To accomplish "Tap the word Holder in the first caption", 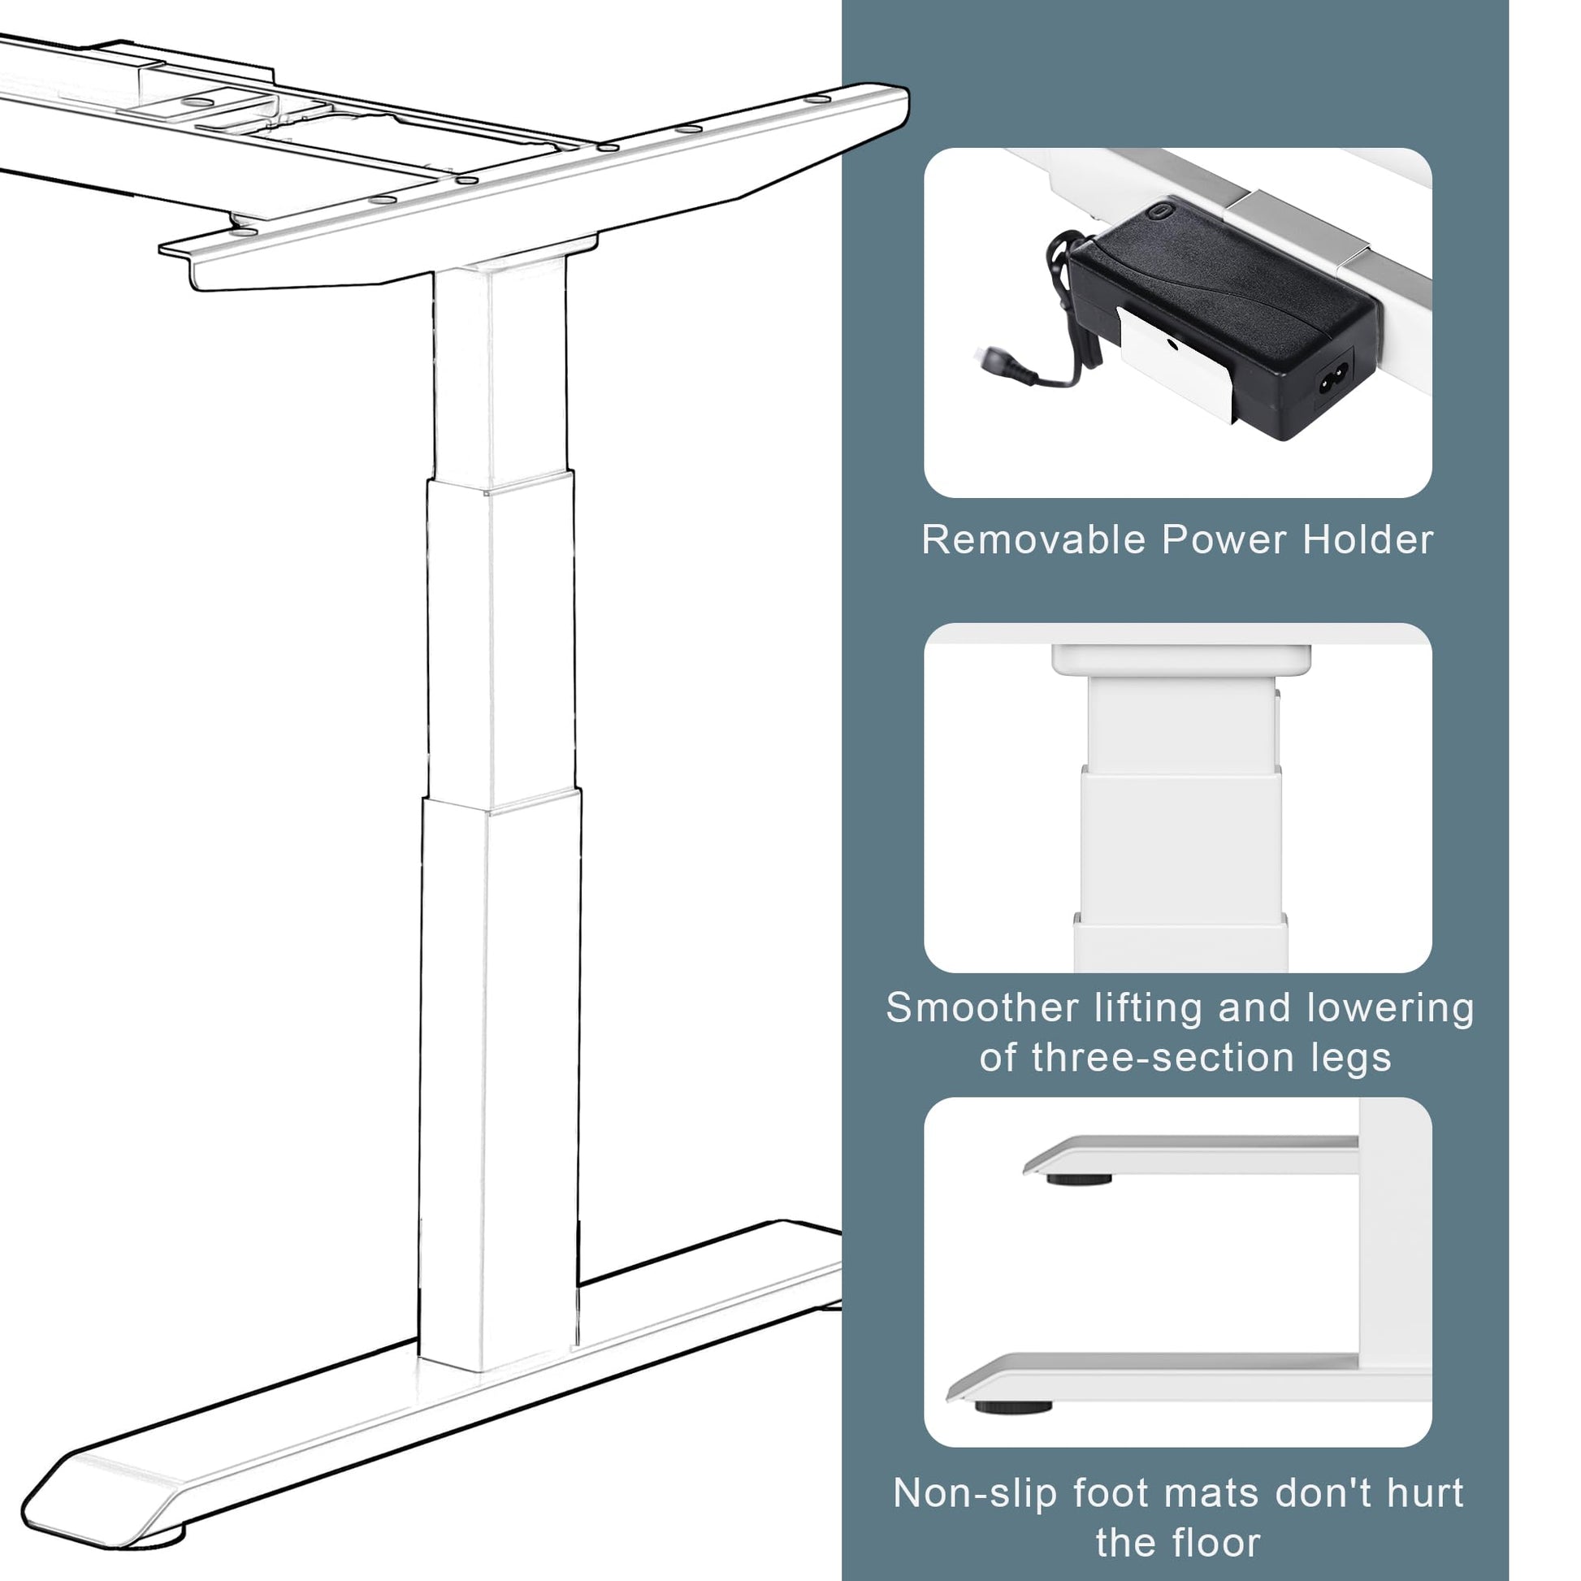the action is (x=1368, y=540).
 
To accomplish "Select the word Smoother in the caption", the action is (x=983, y=1007).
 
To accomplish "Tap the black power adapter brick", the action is (x=1223, y=323).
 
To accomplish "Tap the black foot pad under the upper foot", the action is (x=1080, y=1179).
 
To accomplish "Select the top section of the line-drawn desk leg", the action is (x=500, y=372).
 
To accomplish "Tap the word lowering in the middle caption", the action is (x=1390, y=1007).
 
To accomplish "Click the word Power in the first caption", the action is (x=1224, y=540).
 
